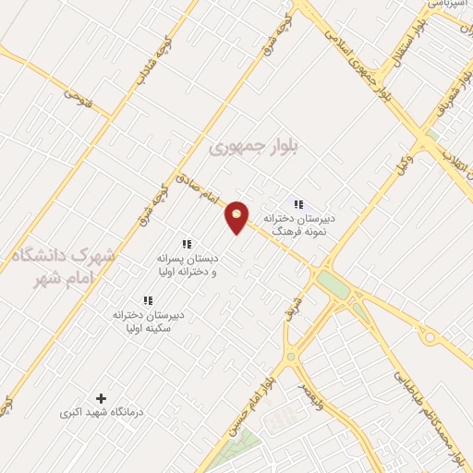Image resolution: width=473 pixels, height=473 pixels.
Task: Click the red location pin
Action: [x=237, y=216]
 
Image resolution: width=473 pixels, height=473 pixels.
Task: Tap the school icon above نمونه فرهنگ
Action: [x=297, y=204]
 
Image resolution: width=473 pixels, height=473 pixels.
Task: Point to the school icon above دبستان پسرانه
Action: [x=187, y=245]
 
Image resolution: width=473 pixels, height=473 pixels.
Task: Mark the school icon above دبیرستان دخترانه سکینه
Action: [x=148, y=301]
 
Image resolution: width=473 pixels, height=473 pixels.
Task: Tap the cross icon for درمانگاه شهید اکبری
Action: [x=102, y=397]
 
